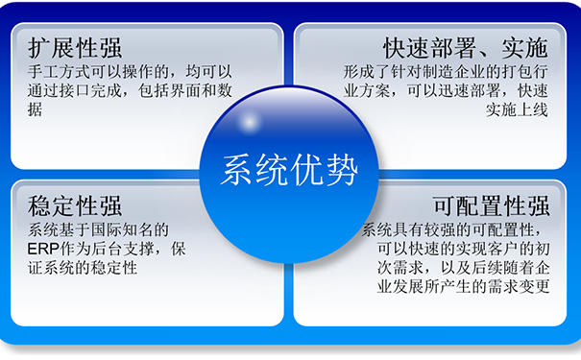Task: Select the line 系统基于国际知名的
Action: pyautogui.click(x=99, y=229)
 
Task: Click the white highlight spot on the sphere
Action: pyautogui.click(x=247, y=123)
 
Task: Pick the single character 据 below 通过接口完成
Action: pyautogui.click(x=36, y=110)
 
